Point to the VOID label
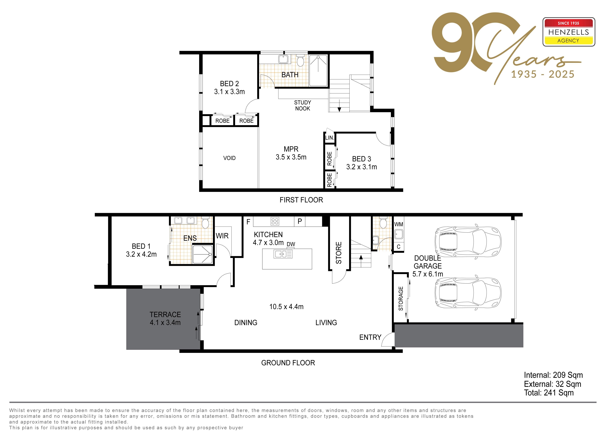229,158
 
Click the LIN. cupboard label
329,138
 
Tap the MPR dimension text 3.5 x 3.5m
291,157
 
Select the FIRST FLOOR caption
301,200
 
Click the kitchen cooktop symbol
275,221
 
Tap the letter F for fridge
248,222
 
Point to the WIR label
222,236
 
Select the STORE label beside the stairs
339,253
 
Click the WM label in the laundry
399,224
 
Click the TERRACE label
165,314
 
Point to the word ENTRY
370,337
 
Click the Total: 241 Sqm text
549,393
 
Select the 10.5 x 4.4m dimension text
286,307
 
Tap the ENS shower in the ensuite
203,254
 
